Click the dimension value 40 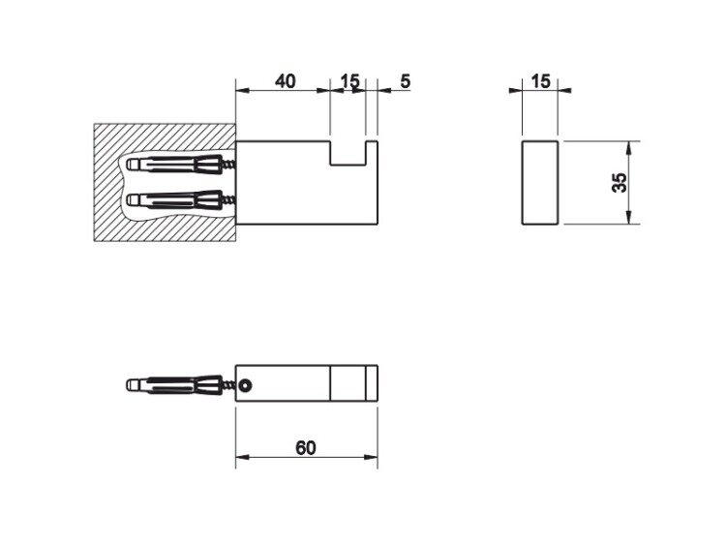pyautogui.click(x=285, y=81)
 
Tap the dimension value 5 pyautogui.click(x=406, y=81)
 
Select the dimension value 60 pyautogui.click(x=306, y=448)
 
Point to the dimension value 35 pyautogui.click(x=620, y=182)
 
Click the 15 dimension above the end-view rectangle pyautogui.click(x=540, y=81)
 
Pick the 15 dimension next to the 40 pyautogui.click(x=349, y=81)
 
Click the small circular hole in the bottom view pyautogui.click(x=246, y=384)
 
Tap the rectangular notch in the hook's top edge pyautogui.click(x=348, y=152)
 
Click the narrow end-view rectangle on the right pyautogui.click(x=540, y=182)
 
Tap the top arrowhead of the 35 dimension pyautogui.click(x=629, y=148)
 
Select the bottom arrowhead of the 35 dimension pyautogui.click(x=629, y=217)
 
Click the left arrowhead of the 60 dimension pyautogui.click(x=243, y=458)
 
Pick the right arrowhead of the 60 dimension pyautogui.click(x=371, y=458)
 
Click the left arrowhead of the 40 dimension pyautogui.click(x=243, y=91)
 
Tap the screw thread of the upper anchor pyautogui.click(x=229, y=165)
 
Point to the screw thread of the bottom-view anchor pyautogui.click(x=229, y=384)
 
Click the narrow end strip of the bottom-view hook pyautogui.click(x=372, y=383)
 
